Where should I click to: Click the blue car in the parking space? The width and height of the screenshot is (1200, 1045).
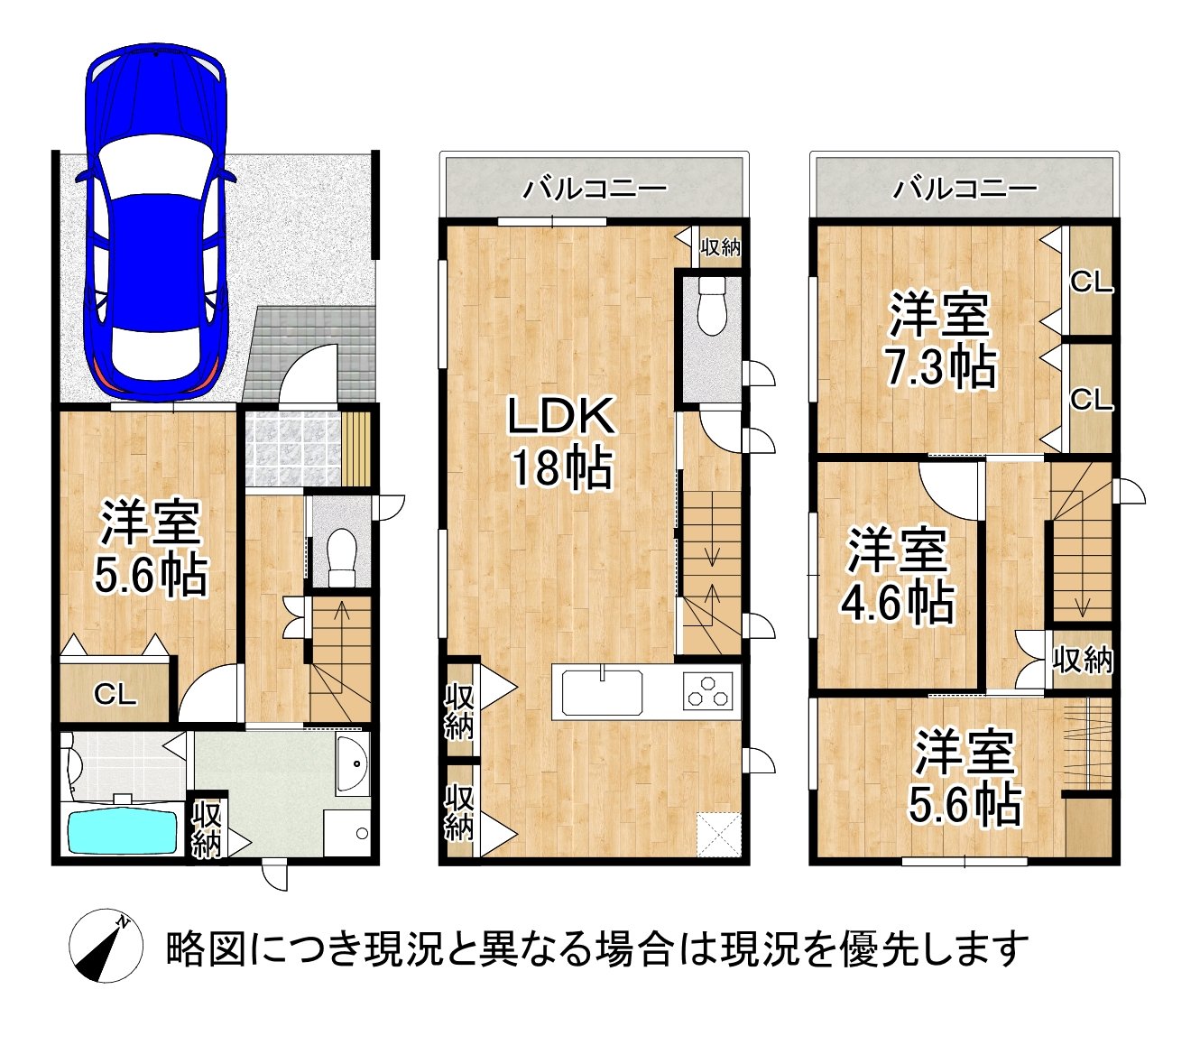pos(154,221)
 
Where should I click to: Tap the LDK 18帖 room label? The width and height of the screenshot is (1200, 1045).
pos(561,442)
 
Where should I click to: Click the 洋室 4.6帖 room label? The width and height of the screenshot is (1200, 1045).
pos(897,577)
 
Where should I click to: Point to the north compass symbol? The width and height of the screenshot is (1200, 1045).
pos(106,945)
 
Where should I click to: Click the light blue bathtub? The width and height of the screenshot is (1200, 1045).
pos(124,831)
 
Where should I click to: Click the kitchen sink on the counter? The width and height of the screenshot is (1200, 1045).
pos(602,693)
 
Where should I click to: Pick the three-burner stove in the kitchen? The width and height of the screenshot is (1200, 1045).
pos(706,693)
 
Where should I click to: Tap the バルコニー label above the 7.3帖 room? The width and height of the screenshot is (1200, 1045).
pos(965,189)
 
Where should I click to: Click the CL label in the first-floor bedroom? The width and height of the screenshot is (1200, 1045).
pos(115,694)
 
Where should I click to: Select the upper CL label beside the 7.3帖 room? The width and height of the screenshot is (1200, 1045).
pos(1091,282)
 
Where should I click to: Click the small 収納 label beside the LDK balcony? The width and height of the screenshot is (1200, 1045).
pos(720,245)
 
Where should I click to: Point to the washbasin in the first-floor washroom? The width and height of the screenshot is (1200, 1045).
pos(352,763)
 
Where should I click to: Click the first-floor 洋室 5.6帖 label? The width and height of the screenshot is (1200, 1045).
pos(151,549)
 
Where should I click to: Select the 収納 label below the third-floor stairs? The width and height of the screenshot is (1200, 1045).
pos(1082,660)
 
